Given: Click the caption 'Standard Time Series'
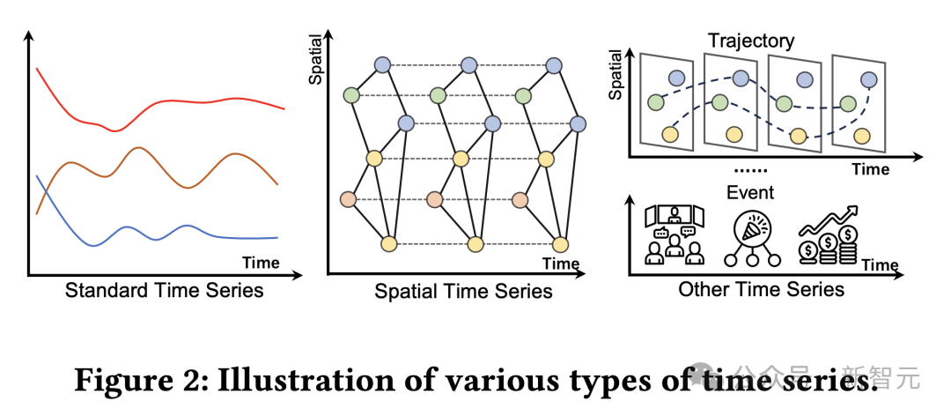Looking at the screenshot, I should (164, 289).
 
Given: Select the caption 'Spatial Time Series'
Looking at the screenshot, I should (463, 291).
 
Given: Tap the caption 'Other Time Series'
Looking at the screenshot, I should (761, 289).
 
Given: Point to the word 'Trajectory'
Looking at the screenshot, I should (751, 41).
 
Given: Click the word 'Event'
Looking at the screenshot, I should (750, 192).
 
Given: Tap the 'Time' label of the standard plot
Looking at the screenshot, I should (261, 263).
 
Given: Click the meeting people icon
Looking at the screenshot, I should (675, 235).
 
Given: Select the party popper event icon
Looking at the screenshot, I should (750, 234).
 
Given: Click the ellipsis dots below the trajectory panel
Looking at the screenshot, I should (750, 169).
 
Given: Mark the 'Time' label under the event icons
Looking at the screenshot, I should (880, 264).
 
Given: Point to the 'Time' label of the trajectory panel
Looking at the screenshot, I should (870, 169).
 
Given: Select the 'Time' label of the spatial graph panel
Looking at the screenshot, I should (561, 263).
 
